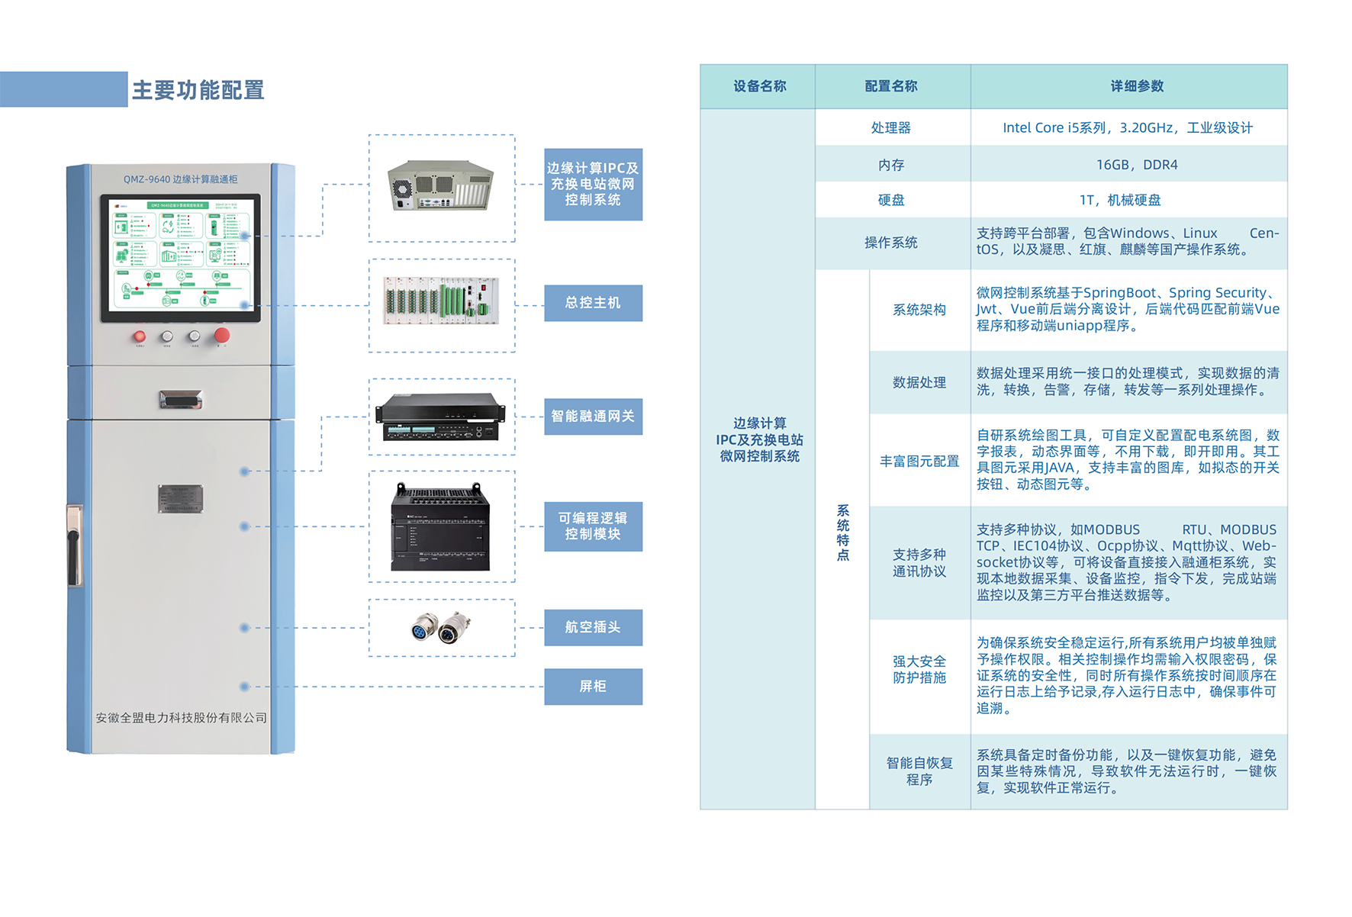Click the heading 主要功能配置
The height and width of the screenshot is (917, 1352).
tap(198, 90)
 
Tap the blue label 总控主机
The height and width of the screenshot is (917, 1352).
tap(593, 303)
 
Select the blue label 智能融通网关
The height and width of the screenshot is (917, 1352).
tap(593, 417)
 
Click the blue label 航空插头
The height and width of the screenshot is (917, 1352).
tap(593, 627)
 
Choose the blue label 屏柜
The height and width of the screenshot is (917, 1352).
tap(593, 687)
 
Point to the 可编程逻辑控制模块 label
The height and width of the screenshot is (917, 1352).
tap(593, 526)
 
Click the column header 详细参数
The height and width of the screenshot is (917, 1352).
tap(1137, 86)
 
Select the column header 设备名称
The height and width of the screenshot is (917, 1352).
tap(759, 86)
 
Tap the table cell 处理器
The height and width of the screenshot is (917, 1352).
tap(891, 127)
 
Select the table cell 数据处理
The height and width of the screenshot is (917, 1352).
tap(919, 382)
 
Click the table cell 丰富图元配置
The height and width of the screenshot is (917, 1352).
tap(919, 461)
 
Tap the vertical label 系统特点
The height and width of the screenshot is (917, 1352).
tap(842, 533)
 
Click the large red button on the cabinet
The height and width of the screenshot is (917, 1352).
tap(222, 335)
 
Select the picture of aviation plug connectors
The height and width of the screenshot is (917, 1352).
tap(441, 628)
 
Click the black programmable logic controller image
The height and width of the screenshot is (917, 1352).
tap(440, 527)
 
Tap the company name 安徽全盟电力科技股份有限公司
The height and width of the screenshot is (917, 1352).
tap(181, 718)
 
